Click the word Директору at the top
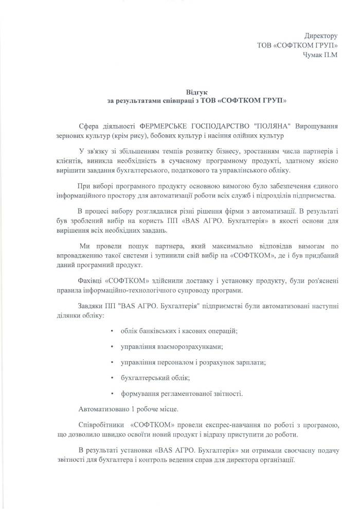click(x=320, y=36)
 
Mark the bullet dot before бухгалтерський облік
click(x=112, y=378)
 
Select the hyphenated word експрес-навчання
click(x=224, y=426)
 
